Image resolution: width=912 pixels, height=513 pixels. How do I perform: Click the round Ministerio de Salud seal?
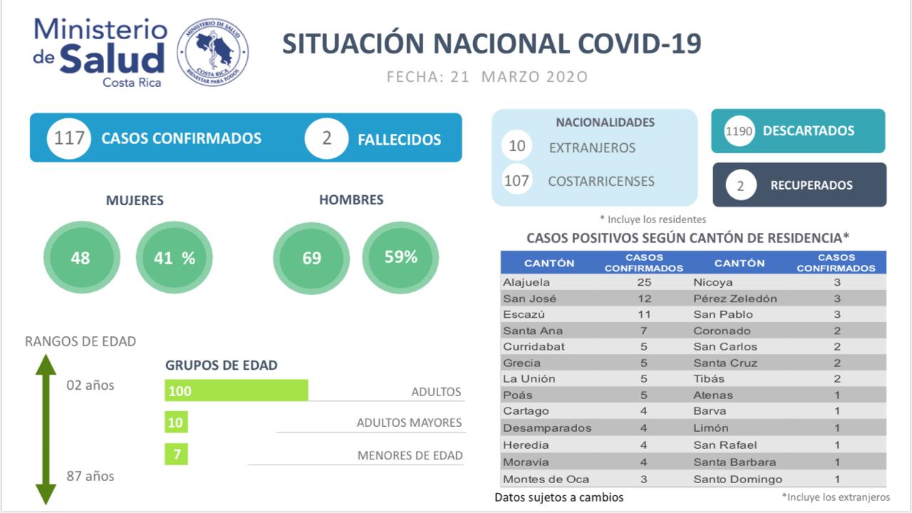pyautogui.click(x=212, y=53)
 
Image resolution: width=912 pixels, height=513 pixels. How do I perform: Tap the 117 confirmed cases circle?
pyautogui.click(x=69, y=138)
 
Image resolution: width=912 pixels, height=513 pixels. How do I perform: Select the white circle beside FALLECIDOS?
pyautogui.click(x=326, y=138)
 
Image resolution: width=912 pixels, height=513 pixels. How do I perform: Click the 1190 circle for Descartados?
pyautogui.click(x=739, y=131)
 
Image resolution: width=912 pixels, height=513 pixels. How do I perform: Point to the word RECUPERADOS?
pyautogui.click(x=811, y=185)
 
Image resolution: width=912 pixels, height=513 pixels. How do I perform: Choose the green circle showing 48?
pyautogui.click(x=81, y=257)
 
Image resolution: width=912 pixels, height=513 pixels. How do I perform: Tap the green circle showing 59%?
pyautogui.click(x=400, y=257)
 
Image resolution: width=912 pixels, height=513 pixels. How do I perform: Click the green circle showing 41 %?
pyautogui.click(x=175, y=257)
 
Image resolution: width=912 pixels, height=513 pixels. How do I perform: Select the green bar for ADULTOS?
pyautogui.click(x=236, y=390)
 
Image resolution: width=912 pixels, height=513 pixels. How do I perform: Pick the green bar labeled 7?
pyautogui.click(x=176, y=454)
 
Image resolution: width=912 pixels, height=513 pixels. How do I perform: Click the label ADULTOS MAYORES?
pyautogui.click(x=409, y=423)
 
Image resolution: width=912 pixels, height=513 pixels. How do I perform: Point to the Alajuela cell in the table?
pyautogui.click(x=527, y=282)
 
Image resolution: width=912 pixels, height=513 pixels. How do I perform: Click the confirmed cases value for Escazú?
pyautogui.click(x=643, y=314)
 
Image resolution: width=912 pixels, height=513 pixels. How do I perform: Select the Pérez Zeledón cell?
pyautogui.click(x=735, y=299)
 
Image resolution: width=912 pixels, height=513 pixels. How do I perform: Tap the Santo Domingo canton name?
pyautogui.click(x=737, y=479)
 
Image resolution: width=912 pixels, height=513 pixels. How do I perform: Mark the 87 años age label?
pyautogui.click(x=90, y=476)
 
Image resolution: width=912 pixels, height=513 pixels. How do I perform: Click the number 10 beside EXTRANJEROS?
pyautogui.click(x=517, y=146)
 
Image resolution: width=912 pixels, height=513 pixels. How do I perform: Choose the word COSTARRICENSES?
pyautogui.click(x=601, y=182)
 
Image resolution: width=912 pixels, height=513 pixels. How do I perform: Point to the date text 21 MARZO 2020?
pyautogui.click(x=519, y=77)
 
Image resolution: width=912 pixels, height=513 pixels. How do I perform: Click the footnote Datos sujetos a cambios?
pyautogui.click(x=559, y=497)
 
